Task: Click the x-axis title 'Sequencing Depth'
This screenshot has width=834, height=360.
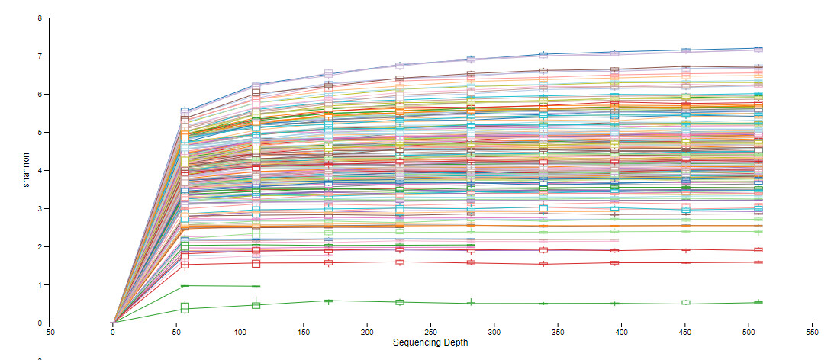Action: [430, 342]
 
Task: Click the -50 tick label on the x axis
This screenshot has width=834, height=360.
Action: [50, 332]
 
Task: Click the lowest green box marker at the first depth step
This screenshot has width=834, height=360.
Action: [185, 308]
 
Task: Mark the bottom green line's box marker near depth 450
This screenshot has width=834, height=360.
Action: [686, 303]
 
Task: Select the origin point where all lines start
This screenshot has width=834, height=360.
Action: [114, 323]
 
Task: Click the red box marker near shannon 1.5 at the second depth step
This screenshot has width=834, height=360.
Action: [256, 263]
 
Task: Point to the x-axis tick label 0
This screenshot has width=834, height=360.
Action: [113, 332]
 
